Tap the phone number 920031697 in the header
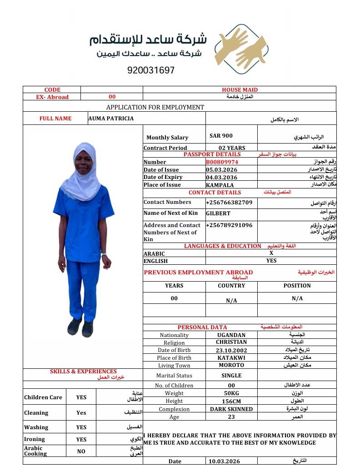[151, 70]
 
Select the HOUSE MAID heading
[240, 90]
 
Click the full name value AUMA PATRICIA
[111, 119]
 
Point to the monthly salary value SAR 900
[221, 136]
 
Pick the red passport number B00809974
[222, 162]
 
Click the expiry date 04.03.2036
[221, 177]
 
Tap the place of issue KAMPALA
[220, 185]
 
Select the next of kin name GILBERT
[218, 213]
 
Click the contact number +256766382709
[229, 202]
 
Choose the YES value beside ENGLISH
[271, 261]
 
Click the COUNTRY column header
[231, 286]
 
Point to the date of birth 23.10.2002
[231, 350]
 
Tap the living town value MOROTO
[231, 365]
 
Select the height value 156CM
[231, 401]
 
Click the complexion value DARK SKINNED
[231, 409]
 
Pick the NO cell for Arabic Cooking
[81, 451]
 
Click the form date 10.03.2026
[224, 461]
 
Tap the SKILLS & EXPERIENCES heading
[83, 372]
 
